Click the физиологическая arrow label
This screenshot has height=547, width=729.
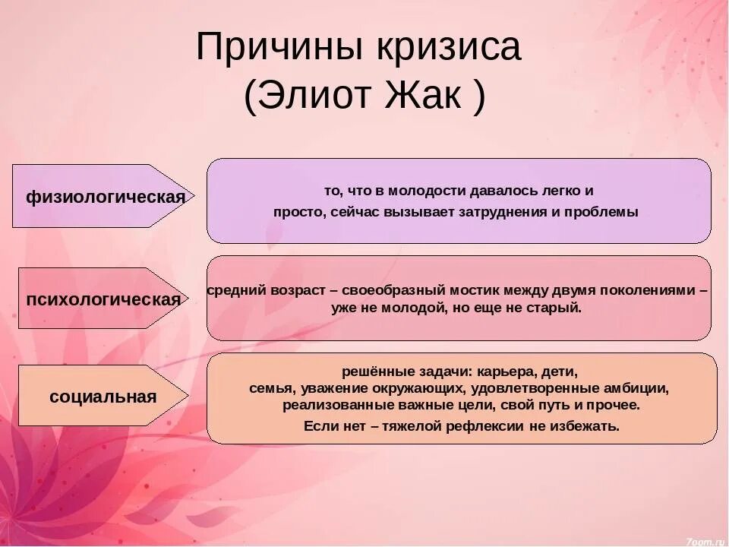[x=106, y=197]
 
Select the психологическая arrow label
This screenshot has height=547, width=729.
[x=104, y=299]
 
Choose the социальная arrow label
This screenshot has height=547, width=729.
[x=103, y=396]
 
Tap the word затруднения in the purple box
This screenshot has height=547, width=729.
[x=502, y=212]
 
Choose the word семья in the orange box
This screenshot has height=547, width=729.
[x=271, y=388]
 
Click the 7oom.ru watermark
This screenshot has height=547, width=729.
[x=705, y=540]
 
